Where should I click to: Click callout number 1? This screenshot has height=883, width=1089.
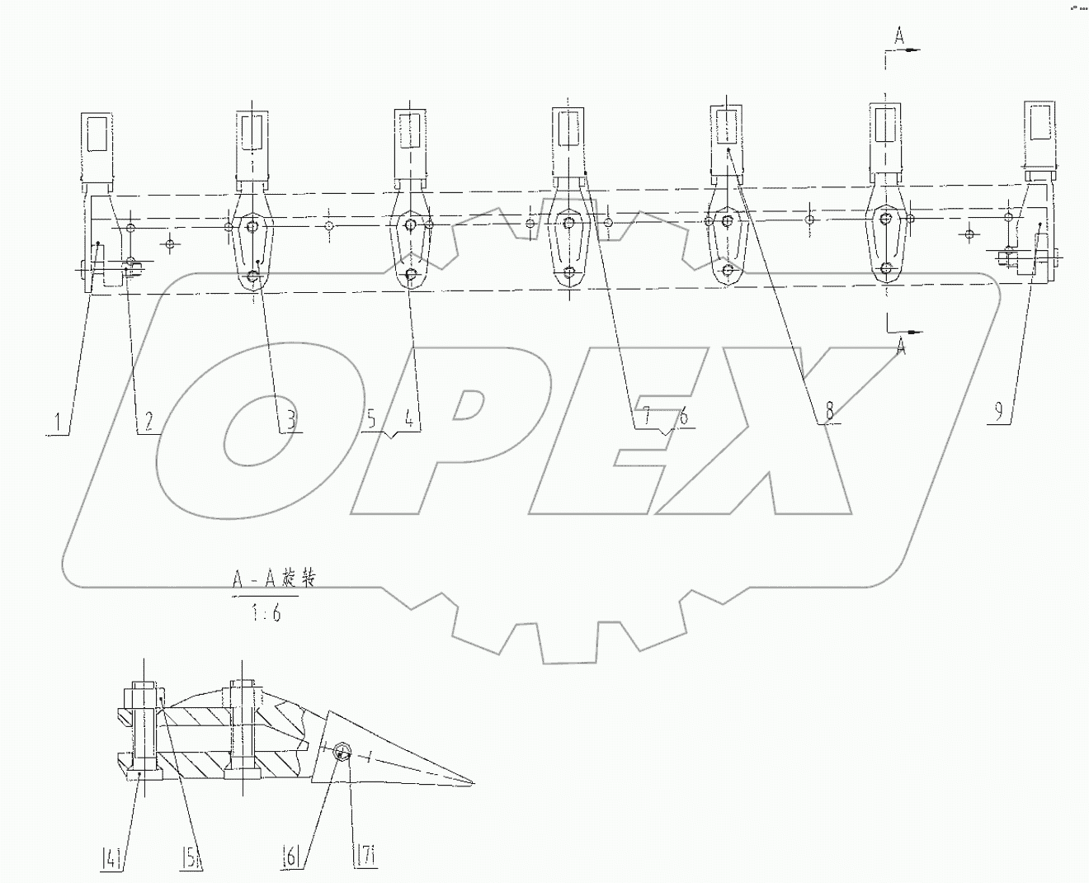[x=57, y=423]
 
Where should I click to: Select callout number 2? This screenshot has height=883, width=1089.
[x=148, y=423]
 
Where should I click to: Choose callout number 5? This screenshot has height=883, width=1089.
[x=372, y=419]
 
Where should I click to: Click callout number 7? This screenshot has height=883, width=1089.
[x=646, y=417]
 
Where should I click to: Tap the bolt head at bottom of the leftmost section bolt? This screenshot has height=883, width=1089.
[x=143, y=774]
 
